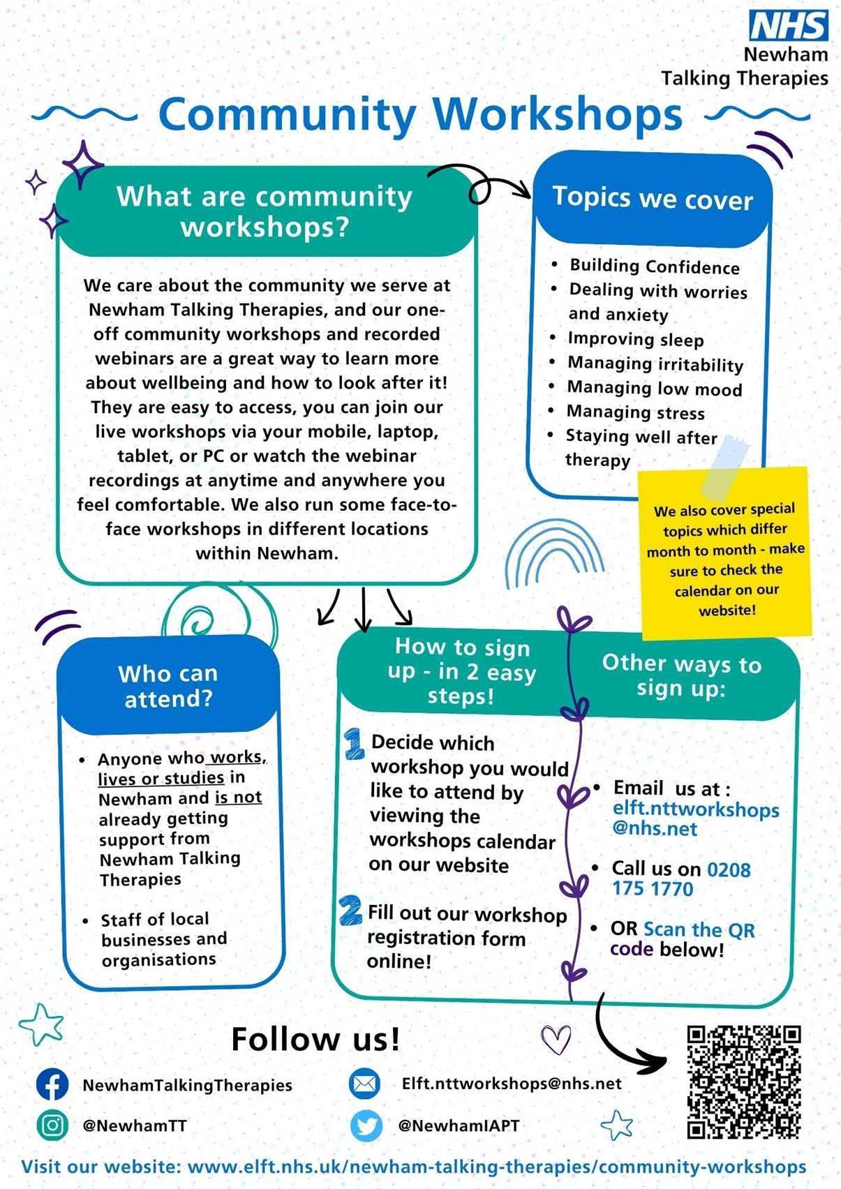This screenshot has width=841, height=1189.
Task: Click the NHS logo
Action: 789,26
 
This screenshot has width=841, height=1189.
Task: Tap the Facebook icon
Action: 52,1084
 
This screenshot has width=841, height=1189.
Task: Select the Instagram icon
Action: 52,1125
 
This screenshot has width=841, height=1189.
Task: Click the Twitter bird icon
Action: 366,1125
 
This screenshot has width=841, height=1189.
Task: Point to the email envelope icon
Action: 364,1084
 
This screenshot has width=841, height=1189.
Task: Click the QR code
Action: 743,1082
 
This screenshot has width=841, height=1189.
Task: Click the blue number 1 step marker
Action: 355,744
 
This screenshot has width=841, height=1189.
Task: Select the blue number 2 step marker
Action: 350,911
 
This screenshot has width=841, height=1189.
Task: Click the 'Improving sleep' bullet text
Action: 635,340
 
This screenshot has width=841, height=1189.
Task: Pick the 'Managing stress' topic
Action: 635,412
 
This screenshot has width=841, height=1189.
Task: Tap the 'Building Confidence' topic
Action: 654,266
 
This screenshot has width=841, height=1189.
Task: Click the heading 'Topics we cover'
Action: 653,198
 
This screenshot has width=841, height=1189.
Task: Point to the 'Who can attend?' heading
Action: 168,686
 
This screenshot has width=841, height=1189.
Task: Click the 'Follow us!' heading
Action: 315,1039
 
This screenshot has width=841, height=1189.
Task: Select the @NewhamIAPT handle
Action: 458,1125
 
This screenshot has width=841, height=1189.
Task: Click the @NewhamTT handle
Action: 135,1125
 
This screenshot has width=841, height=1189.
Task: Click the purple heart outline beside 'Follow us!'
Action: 556,1039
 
